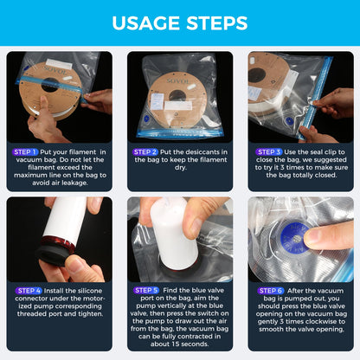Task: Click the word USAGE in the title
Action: coord(146,23)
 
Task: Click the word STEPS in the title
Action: coord(217,23)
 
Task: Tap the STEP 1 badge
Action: coord(25,152)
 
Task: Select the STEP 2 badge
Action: coord(145,152)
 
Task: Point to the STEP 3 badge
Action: coord(269,152)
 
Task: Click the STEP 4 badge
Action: coord(29,291)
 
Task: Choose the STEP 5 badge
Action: coord(146,290)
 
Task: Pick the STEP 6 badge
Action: coord(271,291)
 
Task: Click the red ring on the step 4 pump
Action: coord(58,243)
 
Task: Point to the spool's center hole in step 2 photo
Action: coord(177,95)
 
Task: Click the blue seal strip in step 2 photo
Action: coord(180,133)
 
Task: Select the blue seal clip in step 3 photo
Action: coord(315,97)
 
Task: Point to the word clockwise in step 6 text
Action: coord(320,321)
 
